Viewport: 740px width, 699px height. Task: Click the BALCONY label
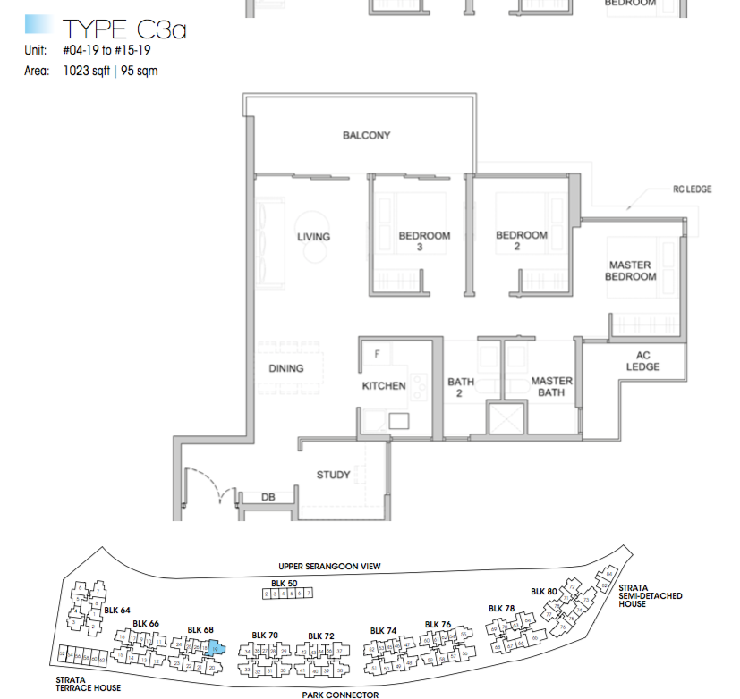[x=366, y=136]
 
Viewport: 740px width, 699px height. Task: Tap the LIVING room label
[x=313, y=237]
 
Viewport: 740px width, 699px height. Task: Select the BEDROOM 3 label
[x=424, y=241]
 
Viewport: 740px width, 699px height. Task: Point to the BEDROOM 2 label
[x=522, y=241]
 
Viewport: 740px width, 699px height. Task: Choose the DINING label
[x=285, y=368]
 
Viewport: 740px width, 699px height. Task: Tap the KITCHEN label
[x=384, y=386]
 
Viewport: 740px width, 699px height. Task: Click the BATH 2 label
[x=461, y=388]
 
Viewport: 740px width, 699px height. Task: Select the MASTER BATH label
[x=551, y=387]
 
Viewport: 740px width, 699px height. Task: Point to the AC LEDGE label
[x=642, y=361]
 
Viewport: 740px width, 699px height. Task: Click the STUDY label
[x=334, y=475]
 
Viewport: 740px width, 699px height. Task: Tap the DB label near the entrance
[x=268, y=497]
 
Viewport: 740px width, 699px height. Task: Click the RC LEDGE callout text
[x=692, y=189]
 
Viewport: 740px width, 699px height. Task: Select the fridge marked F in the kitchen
[x=378, y=354]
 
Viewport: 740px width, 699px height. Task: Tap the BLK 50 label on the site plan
[x=285, y=582]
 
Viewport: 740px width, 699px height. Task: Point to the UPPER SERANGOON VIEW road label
[x=330, y=567]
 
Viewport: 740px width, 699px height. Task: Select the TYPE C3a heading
[x=123, y=29]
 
